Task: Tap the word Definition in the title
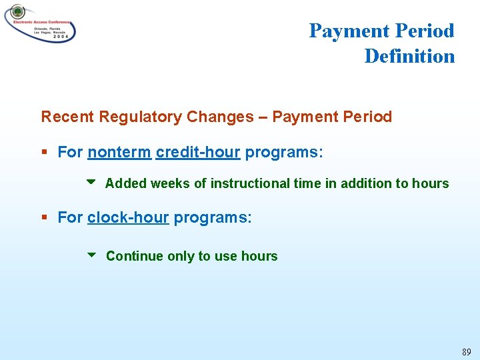pos(409,56)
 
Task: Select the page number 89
pos(466,351)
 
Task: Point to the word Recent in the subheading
pos(67,117)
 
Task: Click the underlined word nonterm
pos(119,152)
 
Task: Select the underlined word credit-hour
pos(198,152)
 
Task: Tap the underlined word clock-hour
pos(128,217)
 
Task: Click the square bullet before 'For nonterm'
pos(45,153)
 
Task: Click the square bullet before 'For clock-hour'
pos(45,218)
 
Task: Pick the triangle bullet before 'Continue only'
pos(91,255)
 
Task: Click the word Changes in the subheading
pos(220,117)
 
